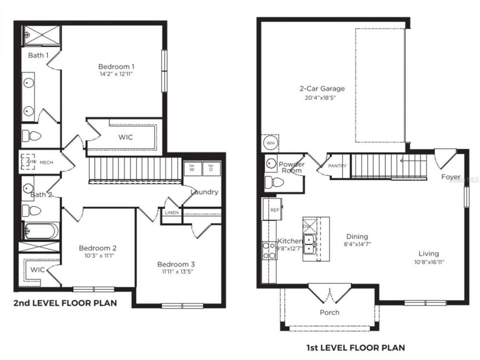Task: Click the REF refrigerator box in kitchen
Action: pyautogui.click(x=274, y=209)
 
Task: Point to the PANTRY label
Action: pyautogui.click(x=337, y=166)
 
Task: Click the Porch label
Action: pyautogui.click(x=329, y=313)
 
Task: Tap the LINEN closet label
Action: pyautogui.click(x=172, y=213)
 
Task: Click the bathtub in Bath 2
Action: pyautogui.click(x=41, y=231)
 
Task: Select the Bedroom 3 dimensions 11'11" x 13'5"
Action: pyautogui.click(x=175, y=271)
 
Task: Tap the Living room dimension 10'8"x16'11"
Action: pyautogui.click(x=429, y=262)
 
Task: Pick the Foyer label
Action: pyautogui.click(x=451, y=177)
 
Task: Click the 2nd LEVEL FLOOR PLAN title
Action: pyautogui.click(x=65, y=303)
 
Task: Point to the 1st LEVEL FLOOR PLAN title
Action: pyautogui.click(x=355, y=348)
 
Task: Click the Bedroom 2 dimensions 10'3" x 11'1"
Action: pyautogui.click(x=98, y=255)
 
